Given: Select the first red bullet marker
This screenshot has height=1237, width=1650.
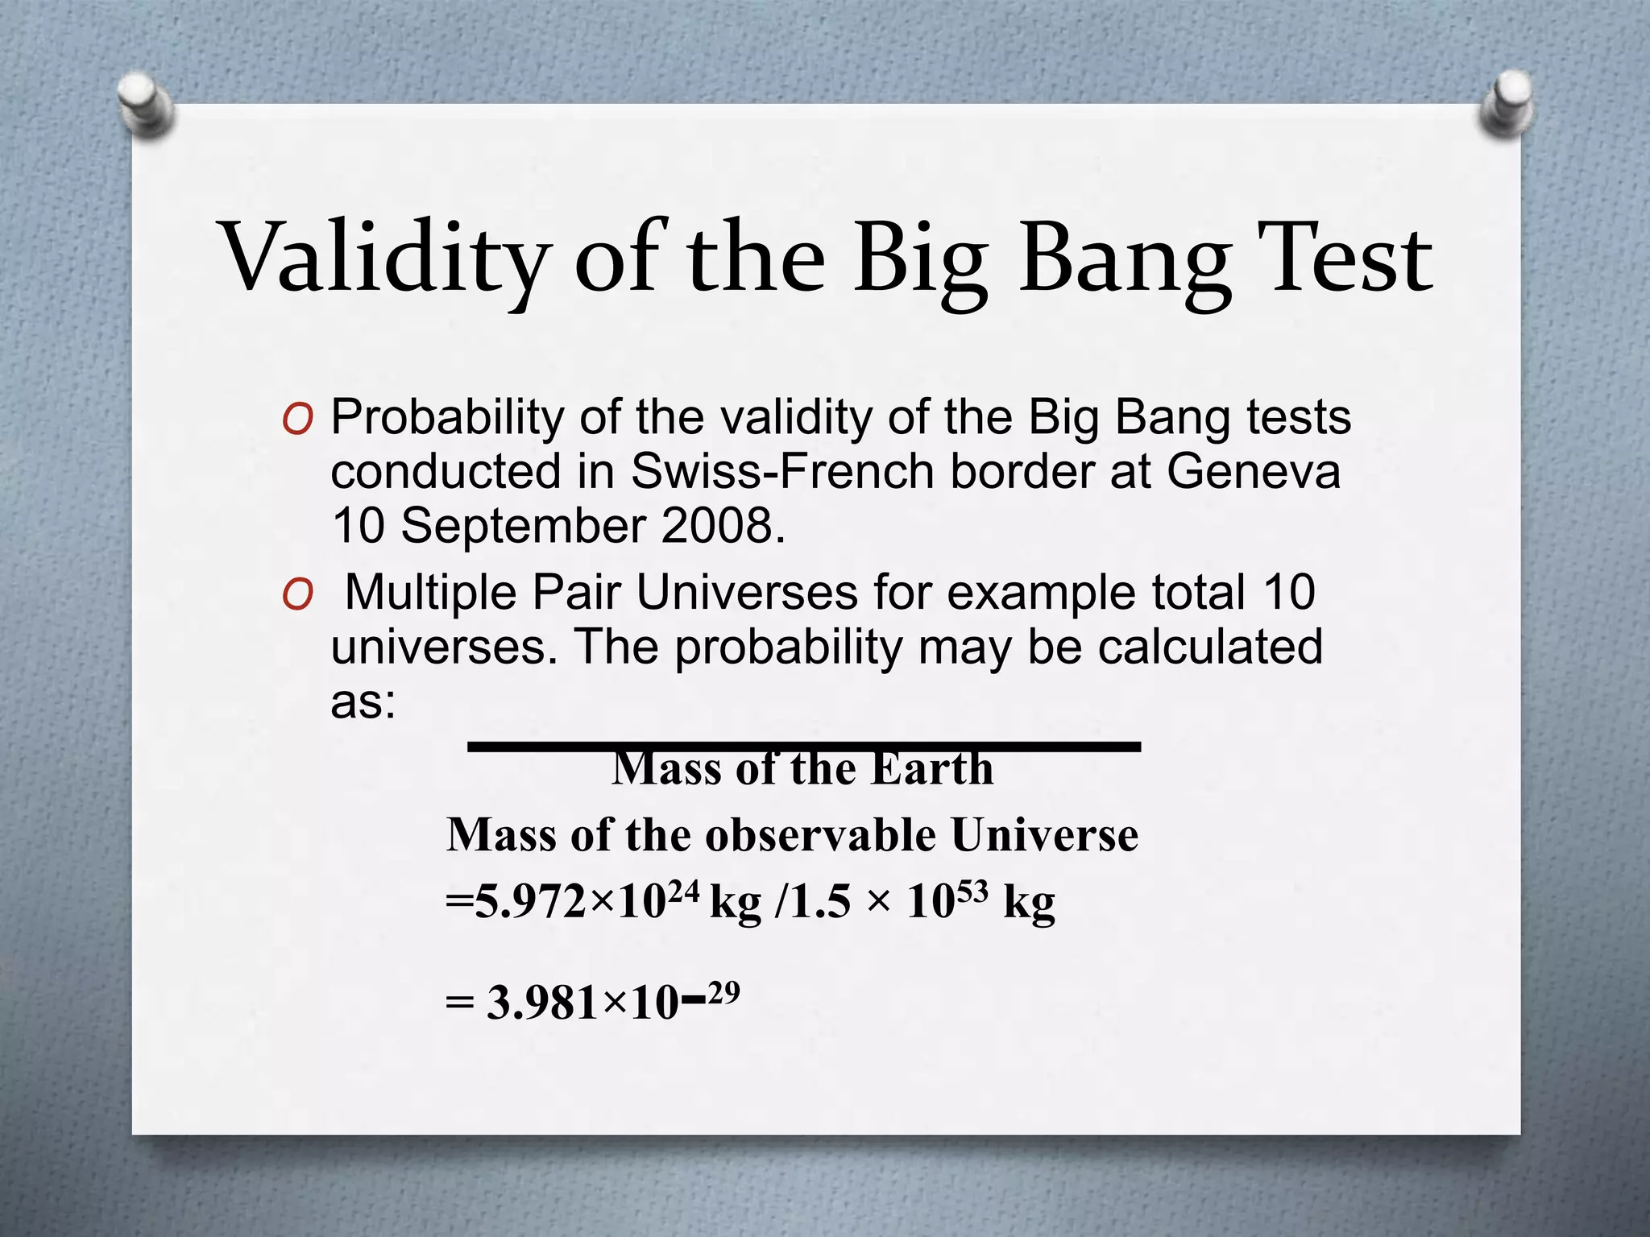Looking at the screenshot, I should coord(297,421).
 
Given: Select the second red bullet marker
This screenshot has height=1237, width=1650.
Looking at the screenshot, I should coord(297,597).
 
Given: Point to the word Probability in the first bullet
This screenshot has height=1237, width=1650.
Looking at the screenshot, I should coord(448,419).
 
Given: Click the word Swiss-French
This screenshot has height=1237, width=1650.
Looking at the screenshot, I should coord(781,472).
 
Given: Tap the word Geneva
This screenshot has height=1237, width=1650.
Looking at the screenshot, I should coord(1253,472).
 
